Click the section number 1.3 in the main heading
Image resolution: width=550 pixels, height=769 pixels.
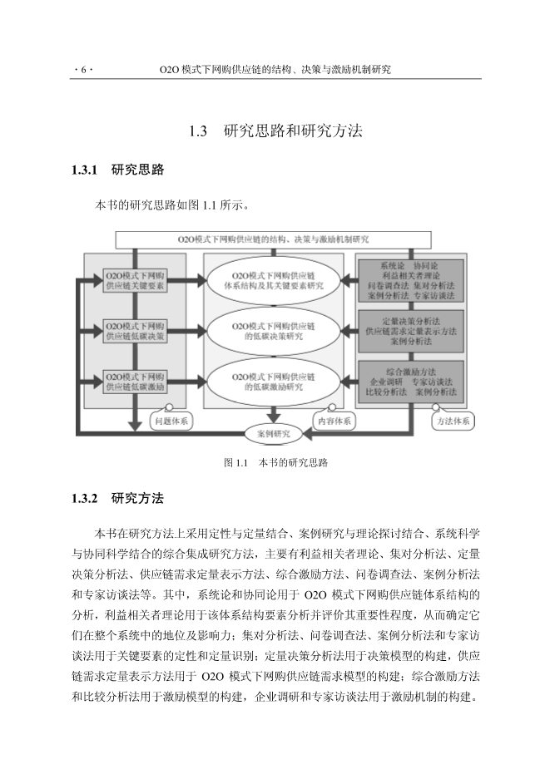coord(197,131)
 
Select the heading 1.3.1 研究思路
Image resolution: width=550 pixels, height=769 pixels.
coord(118,170)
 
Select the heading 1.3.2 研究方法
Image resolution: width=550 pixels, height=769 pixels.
coord(118,499)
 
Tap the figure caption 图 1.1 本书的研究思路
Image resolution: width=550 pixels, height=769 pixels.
coord(275,462)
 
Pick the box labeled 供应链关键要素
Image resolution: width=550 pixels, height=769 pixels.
coord(134,280)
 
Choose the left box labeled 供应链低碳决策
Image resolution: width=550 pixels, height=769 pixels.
coord(134,332)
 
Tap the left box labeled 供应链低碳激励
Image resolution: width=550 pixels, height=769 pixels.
coord(134,381)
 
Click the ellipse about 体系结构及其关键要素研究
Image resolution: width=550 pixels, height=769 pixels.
coord(273,280)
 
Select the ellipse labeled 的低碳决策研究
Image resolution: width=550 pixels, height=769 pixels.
coord(273,332)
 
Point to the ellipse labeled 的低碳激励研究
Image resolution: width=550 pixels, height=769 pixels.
coord(273,381)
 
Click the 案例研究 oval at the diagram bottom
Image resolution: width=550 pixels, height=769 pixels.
coord(273,433)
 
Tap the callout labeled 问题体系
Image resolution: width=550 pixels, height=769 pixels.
coord(172,421)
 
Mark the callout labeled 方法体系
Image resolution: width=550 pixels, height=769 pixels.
coord(454,421)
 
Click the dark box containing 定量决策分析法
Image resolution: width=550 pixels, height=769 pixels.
coord(410,331)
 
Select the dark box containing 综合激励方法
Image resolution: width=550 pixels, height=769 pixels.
coord(410,381)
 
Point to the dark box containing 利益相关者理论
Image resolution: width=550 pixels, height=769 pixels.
coord(410,280)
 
